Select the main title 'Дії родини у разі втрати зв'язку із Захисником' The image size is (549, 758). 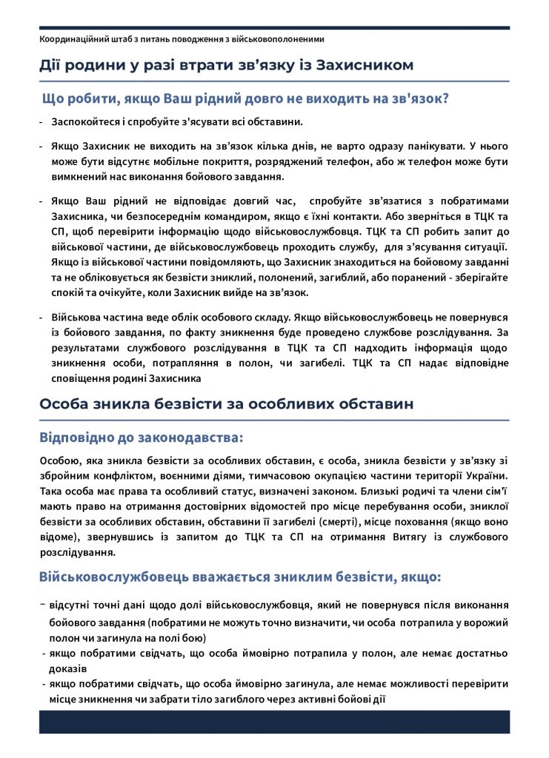click(226, 65)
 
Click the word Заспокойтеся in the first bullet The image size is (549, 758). click(87, 121)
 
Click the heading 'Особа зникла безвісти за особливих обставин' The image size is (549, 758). click(226, 404)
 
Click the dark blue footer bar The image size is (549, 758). click(274, 722)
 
